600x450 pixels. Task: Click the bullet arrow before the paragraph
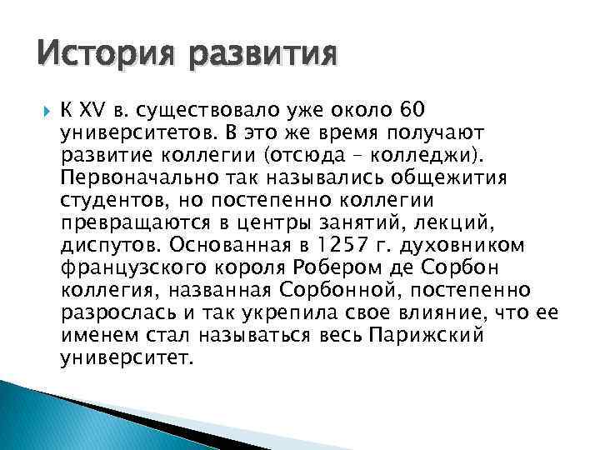pyautogui.click(x=44, y=109)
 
